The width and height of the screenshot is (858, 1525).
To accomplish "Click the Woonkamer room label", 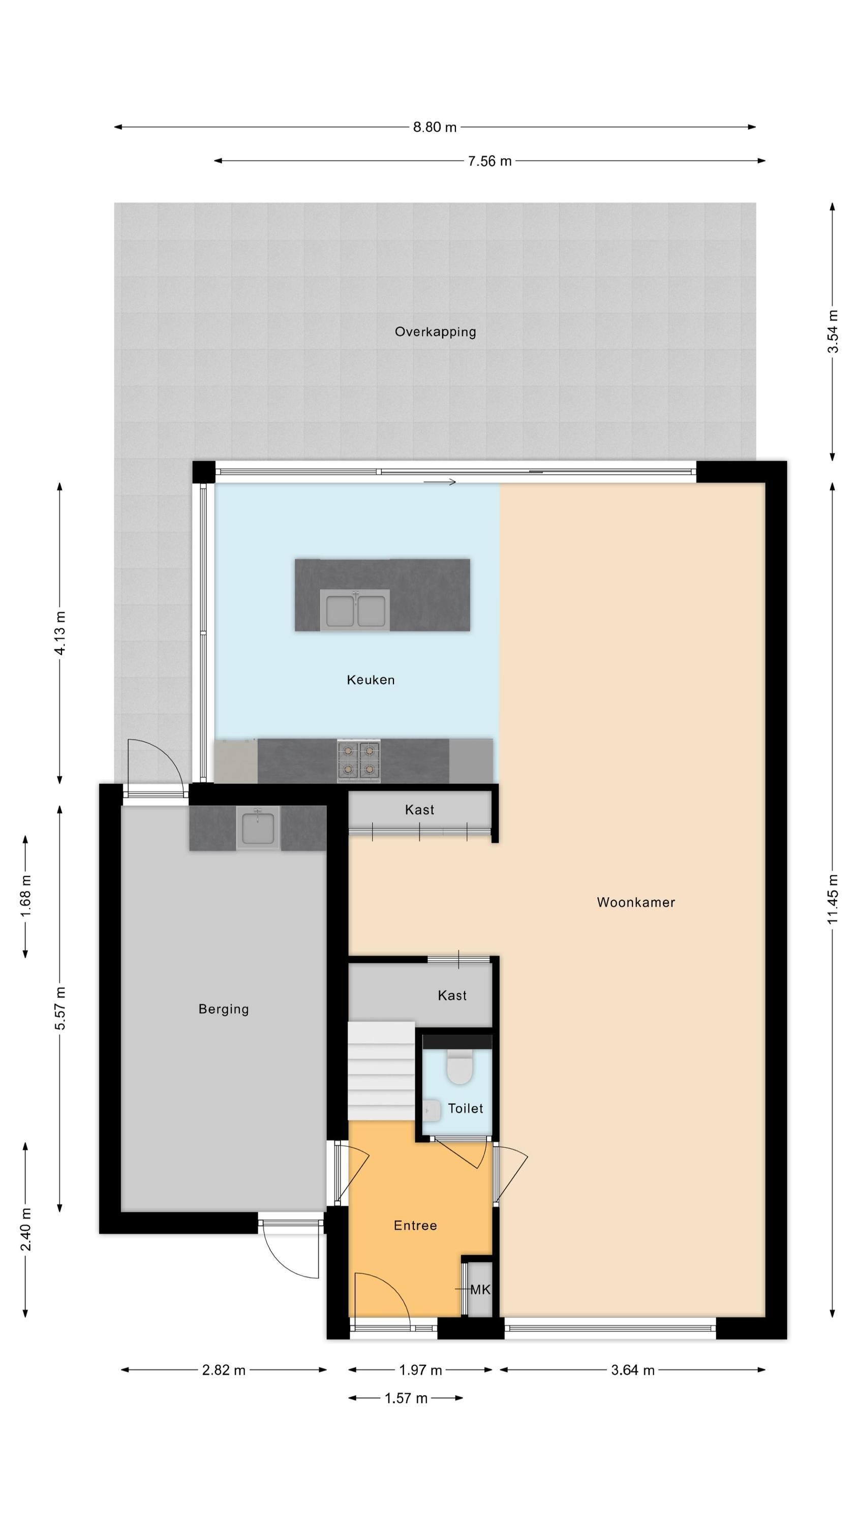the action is tap(635, 902).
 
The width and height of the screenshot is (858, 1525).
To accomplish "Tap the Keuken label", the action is tap(371, 680).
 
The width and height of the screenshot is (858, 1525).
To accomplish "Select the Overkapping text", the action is tap(435, 331).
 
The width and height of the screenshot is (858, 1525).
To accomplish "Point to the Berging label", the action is tap(223, 1009).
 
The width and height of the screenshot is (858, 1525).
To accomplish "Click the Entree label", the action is tap(415, 1226).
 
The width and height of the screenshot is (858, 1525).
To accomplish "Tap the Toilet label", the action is tap(466, 1108).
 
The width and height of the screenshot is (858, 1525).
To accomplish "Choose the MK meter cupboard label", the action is tap(480, 1289).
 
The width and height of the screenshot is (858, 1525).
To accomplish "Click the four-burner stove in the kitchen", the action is tap(358, 760).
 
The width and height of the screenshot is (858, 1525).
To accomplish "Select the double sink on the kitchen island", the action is tap(355, 610).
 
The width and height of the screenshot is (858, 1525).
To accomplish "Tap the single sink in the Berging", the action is tap(258, 828).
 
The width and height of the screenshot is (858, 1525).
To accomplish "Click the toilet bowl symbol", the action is tap(458, 1067).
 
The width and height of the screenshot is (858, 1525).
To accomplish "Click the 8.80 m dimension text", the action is tap(435, 127).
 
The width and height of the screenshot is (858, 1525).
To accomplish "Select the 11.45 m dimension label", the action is tap(833, 899).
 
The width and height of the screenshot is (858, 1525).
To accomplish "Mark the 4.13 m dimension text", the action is tap(60, 633).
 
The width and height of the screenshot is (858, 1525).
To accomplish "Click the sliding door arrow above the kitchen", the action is tap(440, 482).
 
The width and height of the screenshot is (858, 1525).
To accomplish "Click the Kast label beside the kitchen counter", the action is tap(419, 809).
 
